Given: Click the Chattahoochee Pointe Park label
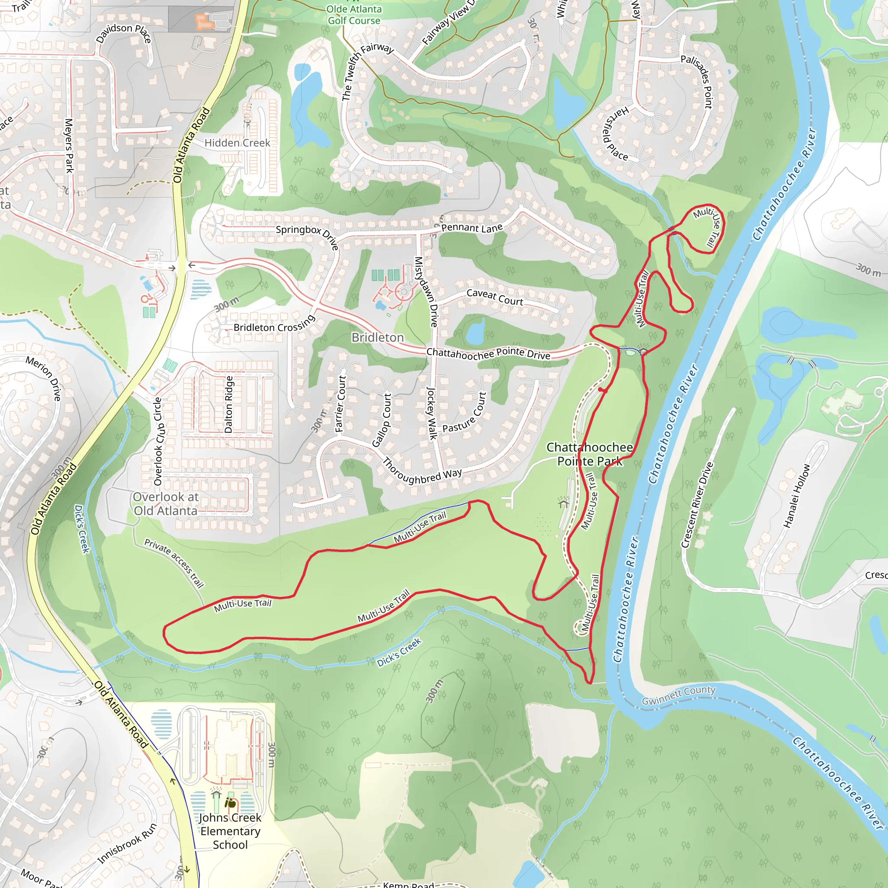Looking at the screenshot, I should pos(589,454).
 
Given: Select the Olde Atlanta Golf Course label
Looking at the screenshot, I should pos(354,15).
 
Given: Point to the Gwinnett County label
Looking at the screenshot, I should pos(679,695).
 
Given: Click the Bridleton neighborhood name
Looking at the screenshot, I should pos(377,337).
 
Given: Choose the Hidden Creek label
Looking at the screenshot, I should pos(237,143).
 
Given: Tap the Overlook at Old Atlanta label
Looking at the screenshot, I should pos(166,504).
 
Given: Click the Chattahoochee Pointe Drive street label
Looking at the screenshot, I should pos(488,353).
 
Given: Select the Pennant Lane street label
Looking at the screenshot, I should pos(472,228).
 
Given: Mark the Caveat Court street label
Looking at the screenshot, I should pos(495,297).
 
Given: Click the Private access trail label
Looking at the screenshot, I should pos(174,563).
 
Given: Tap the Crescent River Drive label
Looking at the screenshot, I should pos(697,505).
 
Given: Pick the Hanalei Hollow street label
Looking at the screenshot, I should pos(796,496).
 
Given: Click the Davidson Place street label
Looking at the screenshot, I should pos(123,33).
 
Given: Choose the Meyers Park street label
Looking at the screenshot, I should pos(69,146).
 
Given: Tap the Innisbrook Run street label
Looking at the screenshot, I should pos(127,843).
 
